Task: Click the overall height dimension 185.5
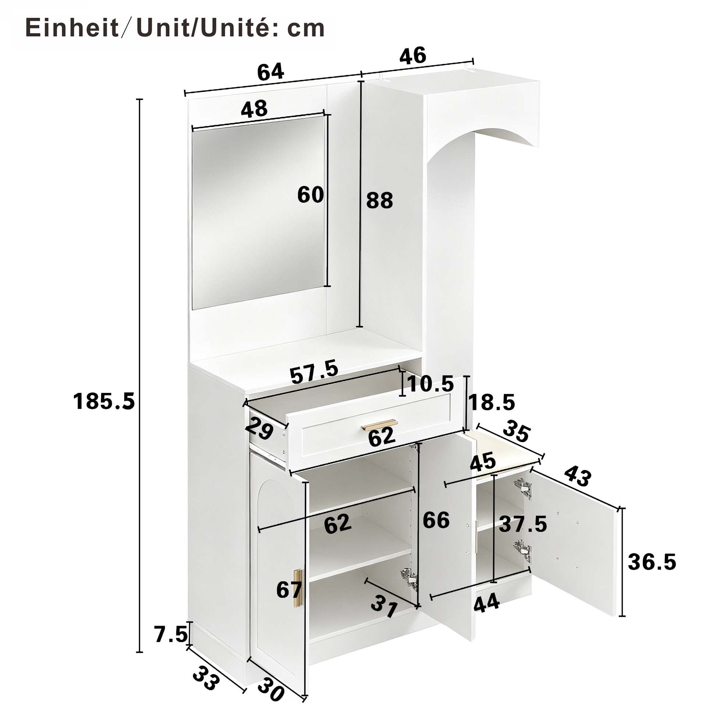click(104, 401)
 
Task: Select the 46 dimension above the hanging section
click(412, 56)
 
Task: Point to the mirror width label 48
click(254, 109)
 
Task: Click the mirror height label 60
click(311, 195)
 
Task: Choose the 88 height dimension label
click(379, 200)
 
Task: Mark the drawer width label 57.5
click(314, 372)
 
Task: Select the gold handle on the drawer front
click(379, 425)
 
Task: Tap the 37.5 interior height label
click(523, 524)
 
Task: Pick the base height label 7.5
click(171, 635)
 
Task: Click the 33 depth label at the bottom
click(206, 678)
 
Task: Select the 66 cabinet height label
click(436, 520)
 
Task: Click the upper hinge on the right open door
click(523, 489)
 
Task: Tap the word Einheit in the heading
click(72, 28)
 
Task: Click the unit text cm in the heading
click(306, 29)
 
